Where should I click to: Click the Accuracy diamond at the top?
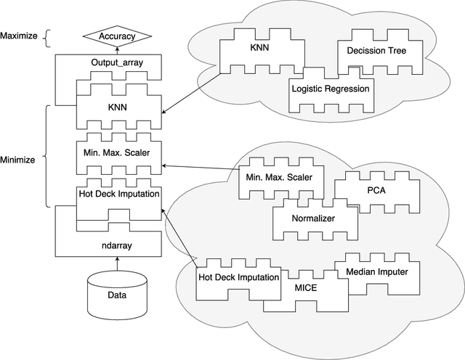click(117, 36)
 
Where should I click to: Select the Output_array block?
click(117, 63)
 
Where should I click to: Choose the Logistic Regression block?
click(330, 89)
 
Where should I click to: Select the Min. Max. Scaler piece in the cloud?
click(280, 178)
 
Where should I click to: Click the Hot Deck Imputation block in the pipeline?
click(117, 195)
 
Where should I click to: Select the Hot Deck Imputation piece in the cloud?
click(238, 277)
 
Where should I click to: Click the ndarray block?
click(117, 245)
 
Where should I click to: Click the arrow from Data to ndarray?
click(117, 265)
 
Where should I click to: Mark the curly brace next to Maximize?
click(47, 36)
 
